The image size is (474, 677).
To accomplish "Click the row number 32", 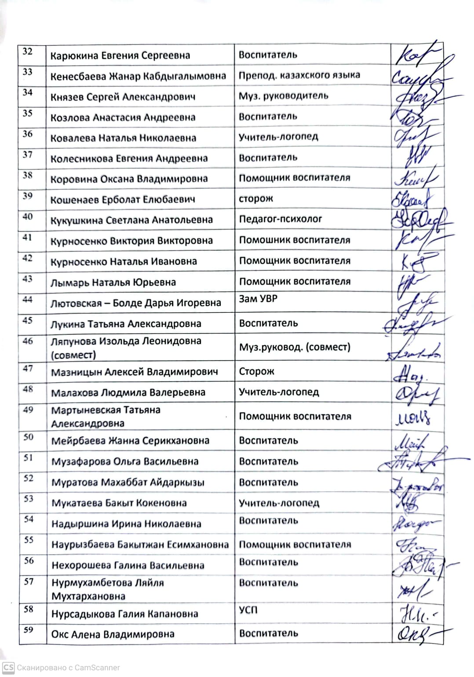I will (x=27, y=51).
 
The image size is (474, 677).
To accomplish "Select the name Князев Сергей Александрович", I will (x=123, y=97).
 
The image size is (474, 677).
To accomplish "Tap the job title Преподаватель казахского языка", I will (x=299, y=75).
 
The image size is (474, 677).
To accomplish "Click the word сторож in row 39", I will (x=255, y=199).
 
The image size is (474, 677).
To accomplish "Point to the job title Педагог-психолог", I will (x=280, y=219).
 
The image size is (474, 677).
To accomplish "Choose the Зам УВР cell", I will (x=258, y=299).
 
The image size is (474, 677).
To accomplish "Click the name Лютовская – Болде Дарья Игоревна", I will (x=135, y=303).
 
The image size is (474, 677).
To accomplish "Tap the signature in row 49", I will (x=413, y=417).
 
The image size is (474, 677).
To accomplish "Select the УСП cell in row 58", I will (x=248, y=610).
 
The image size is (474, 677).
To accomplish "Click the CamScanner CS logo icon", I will (x=8, y=667).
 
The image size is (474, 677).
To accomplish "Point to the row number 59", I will (x=29, y=630).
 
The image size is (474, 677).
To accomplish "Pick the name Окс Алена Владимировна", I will (x=113, y=634).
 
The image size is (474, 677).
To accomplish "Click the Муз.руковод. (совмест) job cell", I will (x=294, y=347).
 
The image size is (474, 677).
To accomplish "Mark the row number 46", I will (x=28, y=341).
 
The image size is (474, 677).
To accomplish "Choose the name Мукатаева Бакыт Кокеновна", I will (x=119, y=503).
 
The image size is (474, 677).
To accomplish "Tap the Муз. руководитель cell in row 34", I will (x=283, y=96).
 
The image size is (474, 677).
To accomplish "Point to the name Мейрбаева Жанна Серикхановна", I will (x=130, y=441).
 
